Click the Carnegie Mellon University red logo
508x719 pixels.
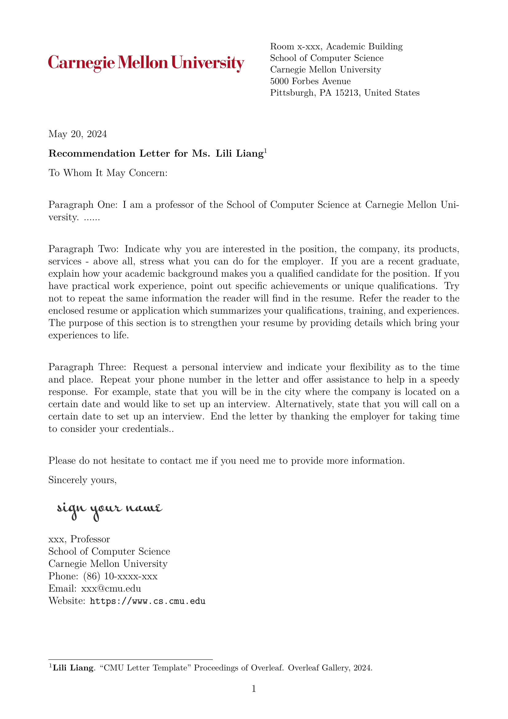click(x=146, y=63)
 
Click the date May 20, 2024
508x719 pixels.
click(x=78, y=134)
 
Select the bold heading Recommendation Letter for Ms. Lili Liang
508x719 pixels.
click(x=156, y=154)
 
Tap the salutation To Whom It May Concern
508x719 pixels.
click(x=108, y=173)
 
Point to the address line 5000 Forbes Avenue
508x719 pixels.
click(x=310, y=81)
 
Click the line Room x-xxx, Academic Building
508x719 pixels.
click(x=336, y=47)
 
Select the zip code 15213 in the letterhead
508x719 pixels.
click(x=346, y=93)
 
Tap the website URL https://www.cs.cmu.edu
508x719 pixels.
click(x=147, y=601)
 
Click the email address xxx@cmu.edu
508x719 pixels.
click(x=111, y=589)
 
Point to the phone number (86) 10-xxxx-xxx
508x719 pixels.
click(x=120, y=576)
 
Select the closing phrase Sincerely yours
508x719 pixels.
click(x=82, y=480)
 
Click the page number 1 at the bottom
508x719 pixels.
click(x=254, y=689)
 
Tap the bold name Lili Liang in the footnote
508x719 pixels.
click(x=73, y=668)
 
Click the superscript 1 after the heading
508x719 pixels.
click(x=265, y=151)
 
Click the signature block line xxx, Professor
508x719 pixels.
click(x=79, y=539)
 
